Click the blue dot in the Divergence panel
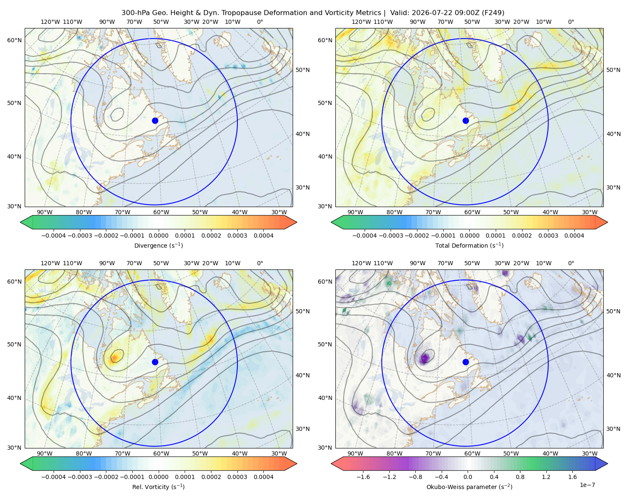coord(155,120)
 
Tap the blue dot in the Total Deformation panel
coord(466,120)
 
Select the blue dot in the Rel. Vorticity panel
coord(155,362)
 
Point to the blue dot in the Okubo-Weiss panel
coord(466,362)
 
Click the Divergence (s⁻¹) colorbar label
coord(158,245)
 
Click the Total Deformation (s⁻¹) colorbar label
coord(469,245)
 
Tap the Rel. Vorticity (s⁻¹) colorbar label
coord(158,487)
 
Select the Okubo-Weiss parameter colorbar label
coord(469,487)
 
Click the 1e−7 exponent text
coord(587,485)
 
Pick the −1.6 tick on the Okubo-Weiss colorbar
coord(363,476)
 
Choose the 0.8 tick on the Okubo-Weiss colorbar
coord(520,476)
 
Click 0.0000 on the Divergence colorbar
coord(158,236)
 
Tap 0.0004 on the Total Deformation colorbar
coord(574,236)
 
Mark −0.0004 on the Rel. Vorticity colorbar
coord(54,476)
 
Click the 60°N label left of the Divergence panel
coord(14,40)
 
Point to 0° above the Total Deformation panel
coord(571,22)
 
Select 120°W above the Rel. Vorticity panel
coord(50,263)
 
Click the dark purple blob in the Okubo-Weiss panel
coord(425,357)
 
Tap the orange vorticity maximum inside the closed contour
coord(114,357)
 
